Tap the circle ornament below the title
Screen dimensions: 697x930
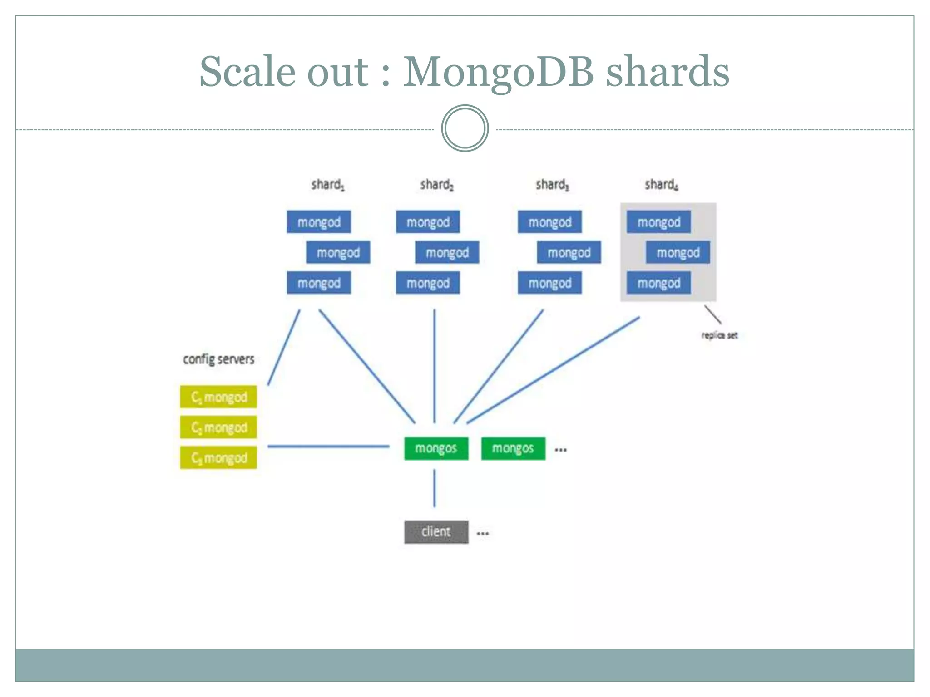click(x=465, y=128)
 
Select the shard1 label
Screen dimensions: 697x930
click(x=327, y=185)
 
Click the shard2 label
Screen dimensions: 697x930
click(x=436, y=185)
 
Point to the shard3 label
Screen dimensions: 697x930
click(x=552, y=185)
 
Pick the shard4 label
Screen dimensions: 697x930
click(x=661, y=185)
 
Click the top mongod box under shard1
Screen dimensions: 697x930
click(x=319, y=222)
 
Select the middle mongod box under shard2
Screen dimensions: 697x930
click(x=447, y=252)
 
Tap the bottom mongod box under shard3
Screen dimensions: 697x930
click(x=549, y=283)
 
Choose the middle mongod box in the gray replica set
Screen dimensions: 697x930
click(x=678, y=252)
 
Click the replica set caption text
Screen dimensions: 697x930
click(x=719, y=335)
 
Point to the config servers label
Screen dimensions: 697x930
click(x=218, y=359)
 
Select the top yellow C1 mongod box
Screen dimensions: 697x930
click(x=218, y=397)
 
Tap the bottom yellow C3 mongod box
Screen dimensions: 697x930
click(x=218, y=457)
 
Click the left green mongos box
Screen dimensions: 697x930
click(x=436, y=448)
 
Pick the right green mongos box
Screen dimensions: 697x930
click(x=513, y=448)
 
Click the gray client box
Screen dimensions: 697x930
click(x=436, y=532)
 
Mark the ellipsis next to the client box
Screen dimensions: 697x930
click(x=483, y=534)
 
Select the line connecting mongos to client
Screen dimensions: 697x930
click(x=435, y=488)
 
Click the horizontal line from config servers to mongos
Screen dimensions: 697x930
click(x=328, y=447)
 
